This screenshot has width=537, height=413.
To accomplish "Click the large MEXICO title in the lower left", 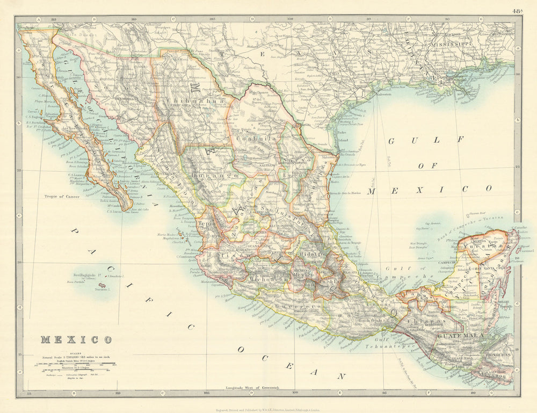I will pyautogui.click(x=76, y=339).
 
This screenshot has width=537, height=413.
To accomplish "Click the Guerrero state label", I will pyautogui.click(x=293, y=307).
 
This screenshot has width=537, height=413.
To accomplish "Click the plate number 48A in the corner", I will pyautogui.click(x=517, y=10).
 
